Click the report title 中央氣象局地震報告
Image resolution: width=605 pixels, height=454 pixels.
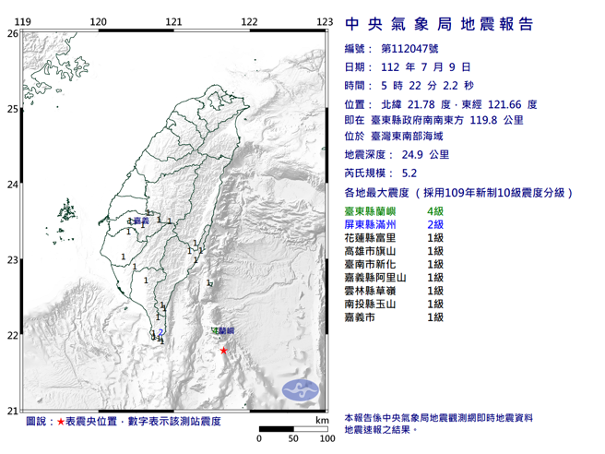(438, 24)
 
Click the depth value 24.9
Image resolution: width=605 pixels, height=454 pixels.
(410, 153)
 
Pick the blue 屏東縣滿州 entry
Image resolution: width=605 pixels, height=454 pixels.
(373, 225)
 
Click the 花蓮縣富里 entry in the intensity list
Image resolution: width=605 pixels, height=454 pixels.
(373, 238)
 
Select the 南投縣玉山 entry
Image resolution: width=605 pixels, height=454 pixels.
(373, 304)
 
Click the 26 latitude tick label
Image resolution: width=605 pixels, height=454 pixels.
(12, 33)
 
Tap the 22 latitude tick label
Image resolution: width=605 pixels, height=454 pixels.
(12, 336)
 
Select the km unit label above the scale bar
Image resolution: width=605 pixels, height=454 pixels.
(321, 421)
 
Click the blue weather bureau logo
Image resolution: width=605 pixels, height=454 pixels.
(298, 389)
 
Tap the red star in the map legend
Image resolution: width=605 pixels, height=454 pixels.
(61, 421)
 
